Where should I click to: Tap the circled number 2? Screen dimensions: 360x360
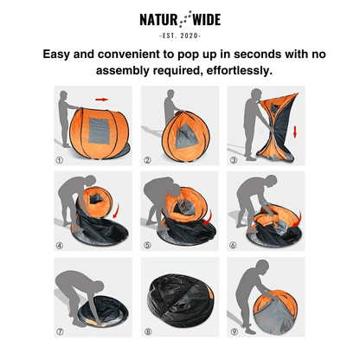pos(147,160)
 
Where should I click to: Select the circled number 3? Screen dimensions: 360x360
pos(233,160)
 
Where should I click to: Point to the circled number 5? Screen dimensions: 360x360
pos(147,245)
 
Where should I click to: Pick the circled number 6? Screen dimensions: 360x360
pos(233,245)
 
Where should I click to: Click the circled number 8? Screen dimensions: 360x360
pos(147,331)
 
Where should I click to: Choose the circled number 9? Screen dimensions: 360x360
pos(233,331)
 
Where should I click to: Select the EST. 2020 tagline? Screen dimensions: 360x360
pos(180,35)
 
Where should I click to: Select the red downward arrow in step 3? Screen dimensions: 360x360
pos(295,132)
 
